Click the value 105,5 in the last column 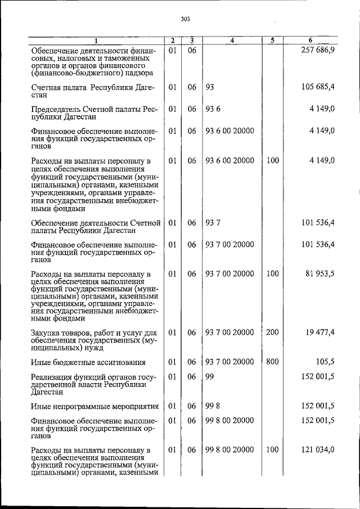tap(325, 362)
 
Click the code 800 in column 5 tap(272, 362)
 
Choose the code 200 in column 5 tap(272, 332)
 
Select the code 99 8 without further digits tap(212, 406)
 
